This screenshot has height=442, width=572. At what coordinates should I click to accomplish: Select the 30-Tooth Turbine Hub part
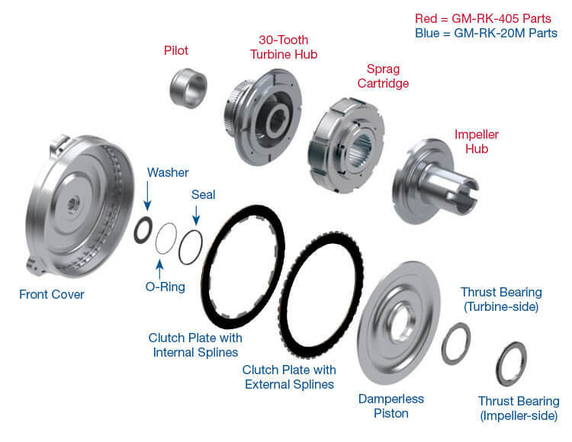pyautogui.click(x=262, y=117)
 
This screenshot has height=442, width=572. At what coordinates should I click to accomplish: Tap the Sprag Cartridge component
pyautogui.click(x=345, y=145)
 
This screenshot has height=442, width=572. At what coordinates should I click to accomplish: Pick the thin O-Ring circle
pyautogui.click(x=157, y=239)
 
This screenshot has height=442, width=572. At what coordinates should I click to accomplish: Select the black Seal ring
pyautogui.click(x=180, y=248)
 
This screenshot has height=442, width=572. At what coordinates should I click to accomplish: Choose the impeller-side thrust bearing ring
pyautogui.click(x=499, y=364)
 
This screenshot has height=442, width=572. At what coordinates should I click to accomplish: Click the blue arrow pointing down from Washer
pyautogui.click(x=147, y=196)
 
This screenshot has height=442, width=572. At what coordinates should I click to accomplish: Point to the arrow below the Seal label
pyautogui.click(x=196, y=216)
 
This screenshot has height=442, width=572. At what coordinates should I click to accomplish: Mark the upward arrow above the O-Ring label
pyautogui.click(x=159, y=269)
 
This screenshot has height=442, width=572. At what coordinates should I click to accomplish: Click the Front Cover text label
pyautogui.click(x=51, y=294)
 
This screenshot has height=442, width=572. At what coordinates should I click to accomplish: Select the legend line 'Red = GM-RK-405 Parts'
pyautogui.click(x=483, y=18)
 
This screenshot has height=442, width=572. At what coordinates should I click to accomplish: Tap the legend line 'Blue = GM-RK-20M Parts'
pyautogui.click(x=486, y=34)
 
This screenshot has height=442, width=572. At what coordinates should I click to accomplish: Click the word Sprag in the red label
pyautogui.click(x=383, y=69)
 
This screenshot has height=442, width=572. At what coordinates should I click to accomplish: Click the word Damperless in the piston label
pyautogui.click(x=391, y=399)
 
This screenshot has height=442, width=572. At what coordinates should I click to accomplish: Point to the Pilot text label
pyautogui.click(x=176, y=50)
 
